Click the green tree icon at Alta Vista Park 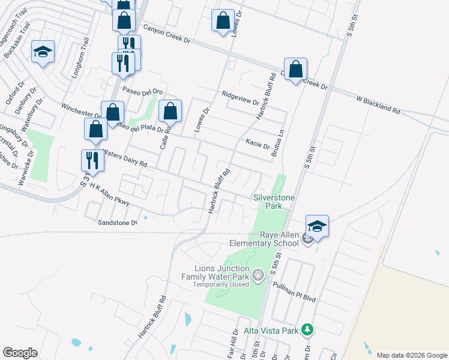pyautogui.click(x=307, y=329)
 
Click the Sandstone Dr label pyautogui.click(x=118, y=222)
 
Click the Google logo pyautogui.click(x=20, y=353)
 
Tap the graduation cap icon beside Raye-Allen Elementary pyautogui.click(x=317, y=226)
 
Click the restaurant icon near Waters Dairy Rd pyautogui.click(x=92, y=160)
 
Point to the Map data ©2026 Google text pyautogui.click(x=411, y=355)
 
